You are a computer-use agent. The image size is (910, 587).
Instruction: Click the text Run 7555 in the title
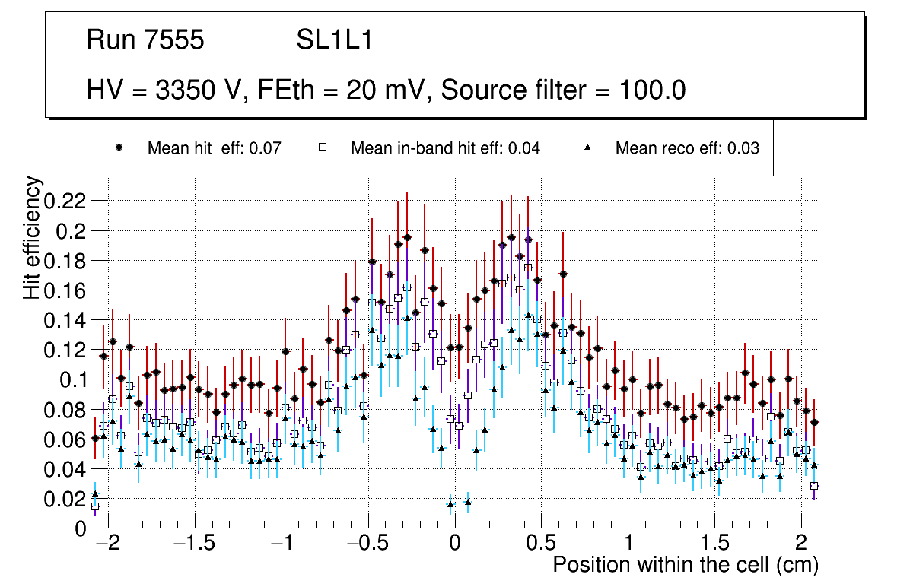pos(145,40)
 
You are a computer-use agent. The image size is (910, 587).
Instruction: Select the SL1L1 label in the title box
pos(334,40)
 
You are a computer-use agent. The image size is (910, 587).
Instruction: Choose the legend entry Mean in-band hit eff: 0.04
pos(445,148)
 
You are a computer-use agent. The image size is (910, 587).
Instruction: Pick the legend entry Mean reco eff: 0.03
pos(687,148)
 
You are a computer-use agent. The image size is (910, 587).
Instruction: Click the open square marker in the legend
pos(322,148)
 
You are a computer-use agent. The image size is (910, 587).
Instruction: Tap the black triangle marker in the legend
pos(587,148)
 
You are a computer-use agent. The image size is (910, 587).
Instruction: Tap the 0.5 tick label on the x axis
pos(541,544)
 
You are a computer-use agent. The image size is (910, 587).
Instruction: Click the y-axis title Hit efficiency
pos(32,237)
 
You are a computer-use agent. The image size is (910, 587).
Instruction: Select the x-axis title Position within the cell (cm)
pos(685,565)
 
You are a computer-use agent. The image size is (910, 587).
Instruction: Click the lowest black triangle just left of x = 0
pos(450,503)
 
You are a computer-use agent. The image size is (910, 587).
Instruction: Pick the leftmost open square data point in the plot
pos(95,506)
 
